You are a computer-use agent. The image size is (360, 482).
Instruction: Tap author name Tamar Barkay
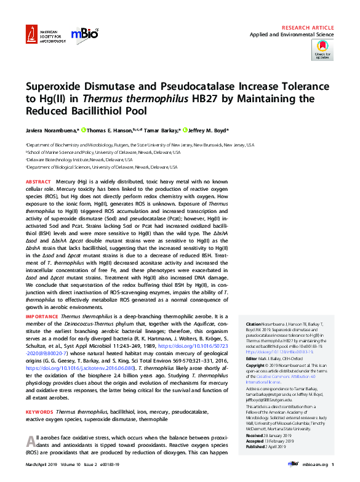click(160, 131)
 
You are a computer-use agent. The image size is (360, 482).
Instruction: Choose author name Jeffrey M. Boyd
click(206, 131)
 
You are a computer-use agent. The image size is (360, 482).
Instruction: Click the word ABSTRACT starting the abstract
click(38, 183)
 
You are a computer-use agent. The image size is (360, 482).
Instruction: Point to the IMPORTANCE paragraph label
click(41, 315)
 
